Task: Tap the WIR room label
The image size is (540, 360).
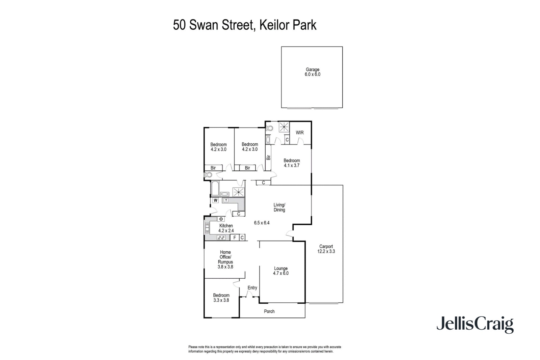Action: point(300,133)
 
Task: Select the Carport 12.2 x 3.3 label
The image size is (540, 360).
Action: point(326,249)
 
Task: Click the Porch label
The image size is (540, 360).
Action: point(269,311)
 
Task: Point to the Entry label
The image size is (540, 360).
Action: point(252,288)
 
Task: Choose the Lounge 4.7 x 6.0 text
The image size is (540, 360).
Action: point(281,271)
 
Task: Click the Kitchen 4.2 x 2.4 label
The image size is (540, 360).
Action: point(226,228)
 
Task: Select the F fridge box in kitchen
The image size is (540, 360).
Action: point(235,238)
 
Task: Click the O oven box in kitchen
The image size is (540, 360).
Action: point(221,219)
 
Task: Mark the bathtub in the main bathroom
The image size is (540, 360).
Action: point(215,189)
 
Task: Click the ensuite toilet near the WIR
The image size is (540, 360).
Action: point(270,128)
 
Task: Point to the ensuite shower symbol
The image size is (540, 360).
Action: point(284,127)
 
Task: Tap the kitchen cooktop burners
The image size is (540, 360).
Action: point(221,238)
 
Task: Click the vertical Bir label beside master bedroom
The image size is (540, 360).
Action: point(269,157)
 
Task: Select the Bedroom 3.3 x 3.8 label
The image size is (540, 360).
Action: point(221,298)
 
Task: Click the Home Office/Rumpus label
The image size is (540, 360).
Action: point(225,259)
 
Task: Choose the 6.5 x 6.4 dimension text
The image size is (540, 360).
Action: point(262,223)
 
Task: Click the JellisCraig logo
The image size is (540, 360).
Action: point(475,325)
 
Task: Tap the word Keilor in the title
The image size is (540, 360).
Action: point(272,25)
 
